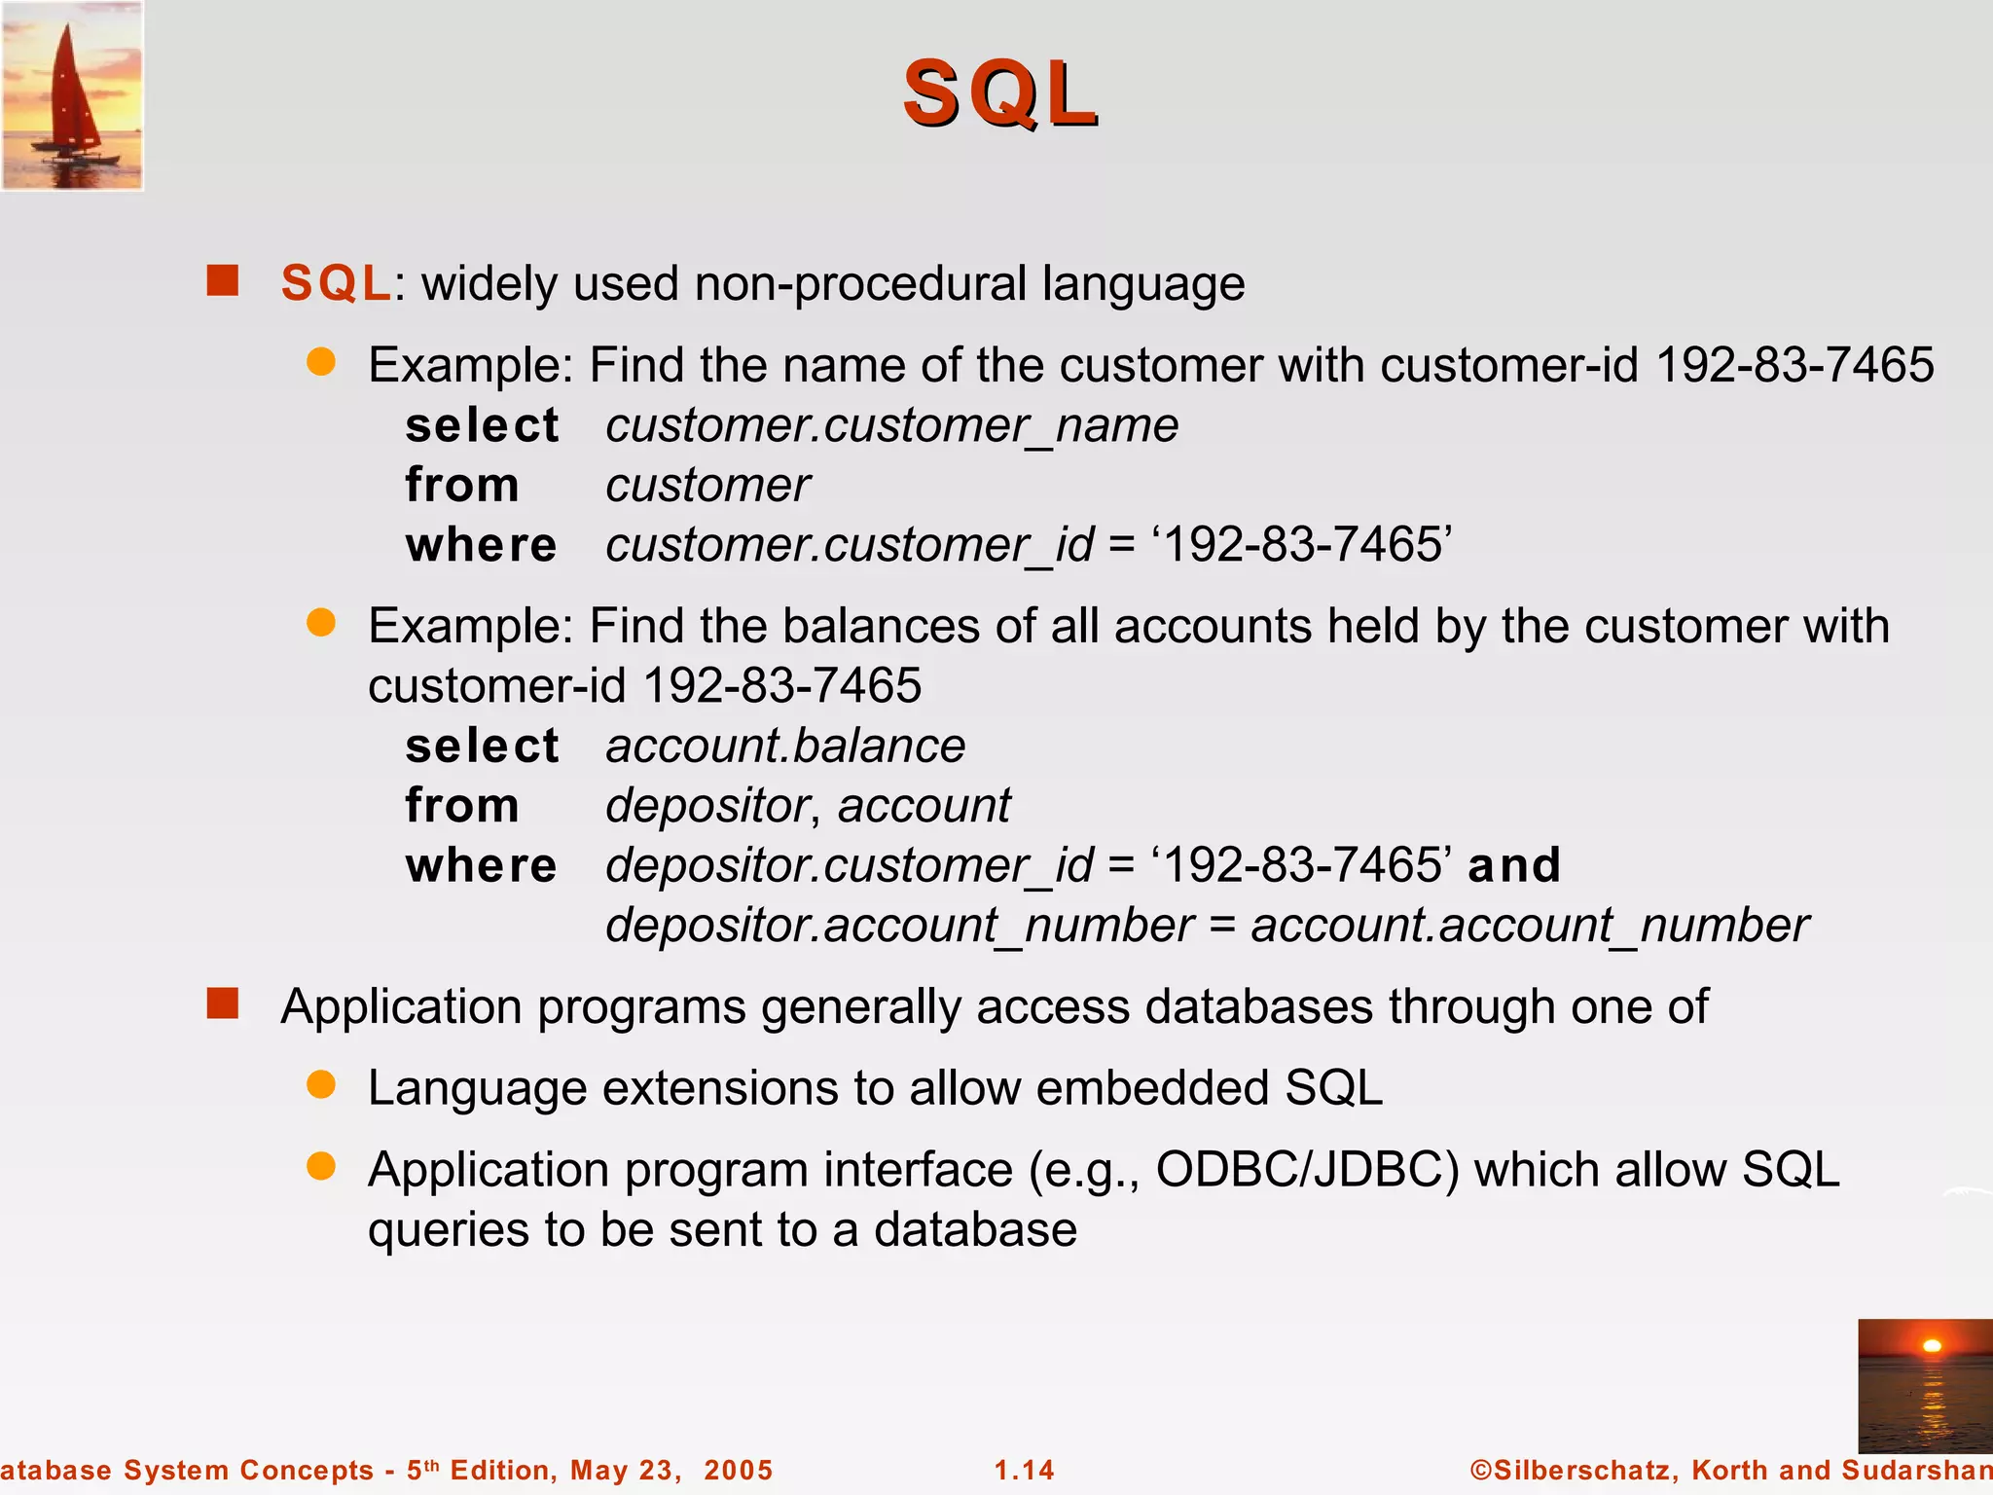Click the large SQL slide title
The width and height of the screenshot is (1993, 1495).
999,93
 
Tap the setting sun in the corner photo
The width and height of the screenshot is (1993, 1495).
1932,1346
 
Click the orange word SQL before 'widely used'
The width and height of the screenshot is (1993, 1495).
336,284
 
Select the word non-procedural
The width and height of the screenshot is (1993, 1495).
860,284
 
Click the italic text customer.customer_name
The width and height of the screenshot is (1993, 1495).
891,425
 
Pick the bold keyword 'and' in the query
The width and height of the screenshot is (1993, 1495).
1513,865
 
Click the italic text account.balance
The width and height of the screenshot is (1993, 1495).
784,747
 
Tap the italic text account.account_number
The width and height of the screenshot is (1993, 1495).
1529,925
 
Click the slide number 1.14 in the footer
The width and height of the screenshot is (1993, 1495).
1024,1470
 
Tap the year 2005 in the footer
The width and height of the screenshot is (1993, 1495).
738,1470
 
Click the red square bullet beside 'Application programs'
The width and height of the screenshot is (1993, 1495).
223,1003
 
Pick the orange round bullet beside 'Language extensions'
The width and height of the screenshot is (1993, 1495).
321,1084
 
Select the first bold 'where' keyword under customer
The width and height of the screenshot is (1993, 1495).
481,545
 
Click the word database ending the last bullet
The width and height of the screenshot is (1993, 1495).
975,1230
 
